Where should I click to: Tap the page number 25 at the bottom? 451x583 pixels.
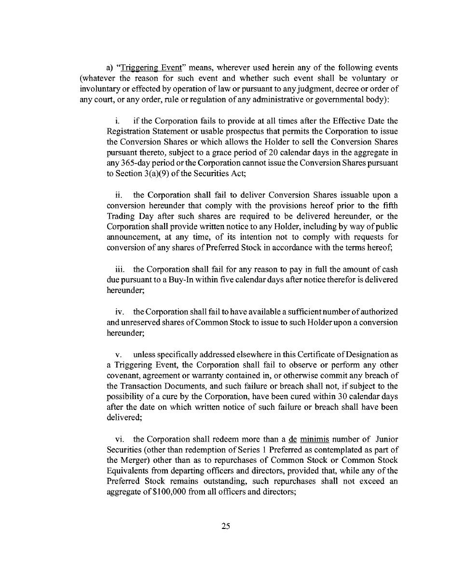coord(225,527)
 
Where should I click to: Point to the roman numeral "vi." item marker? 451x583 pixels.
coord(121,439)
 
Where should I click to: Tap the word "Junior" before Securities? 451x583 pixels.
coord(386,439)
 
